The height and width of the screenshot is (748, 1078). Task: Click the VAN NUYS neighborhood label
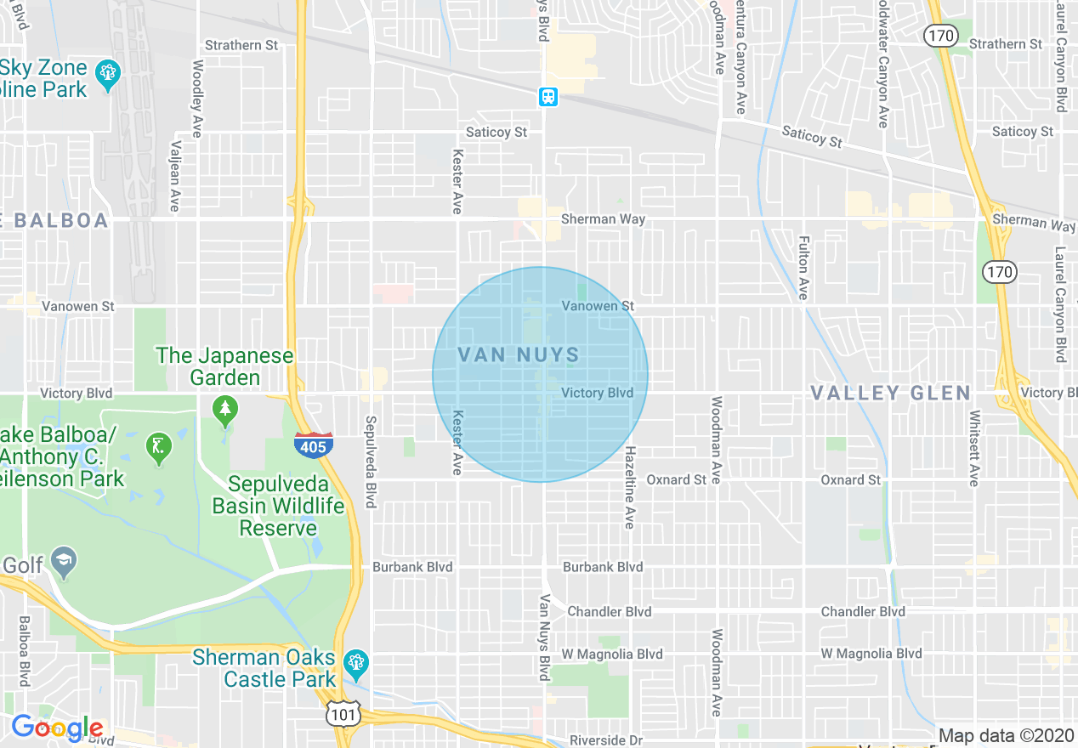tap(519, 355)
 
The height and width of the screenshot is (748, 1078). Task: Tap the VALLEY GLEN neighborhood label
tap(890, 393)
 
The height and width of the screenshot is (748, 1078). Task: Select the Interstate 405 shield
tap(314, 444)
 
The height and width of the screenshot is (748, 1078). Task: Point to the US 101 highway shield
tap(343, 713)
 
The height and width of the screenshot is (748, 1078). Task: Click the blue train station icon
tap(548, 97)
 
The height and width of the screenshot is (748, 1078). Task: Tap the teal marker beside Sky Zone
tap(107, 74)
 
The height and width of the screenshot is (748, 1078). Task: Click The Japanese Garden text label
tap(224, 366)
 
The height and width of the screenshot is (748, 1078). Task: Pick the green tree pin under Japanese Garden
tap(225, 411)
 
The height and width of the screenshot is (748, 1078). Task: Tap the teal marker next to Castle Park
tap(355, 661)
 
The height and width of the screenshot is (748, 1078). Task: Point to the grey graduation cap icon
tap(63, 560)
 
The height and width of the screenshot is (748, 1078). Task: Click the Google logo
tap(57, 728)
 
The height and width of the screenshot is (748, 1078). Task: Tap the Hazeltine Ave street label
tap(630, 487)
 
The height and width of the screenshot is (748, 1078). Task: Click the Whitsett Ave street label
tap(974, 449)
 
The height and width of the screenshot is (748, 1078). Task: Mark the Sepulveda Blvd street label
tap(370, 462)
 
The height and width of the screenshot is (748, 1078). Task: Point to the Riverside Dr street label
tap(606, 740)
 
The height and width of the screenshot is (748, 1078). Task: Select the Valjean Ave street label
tap(175, 176)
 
